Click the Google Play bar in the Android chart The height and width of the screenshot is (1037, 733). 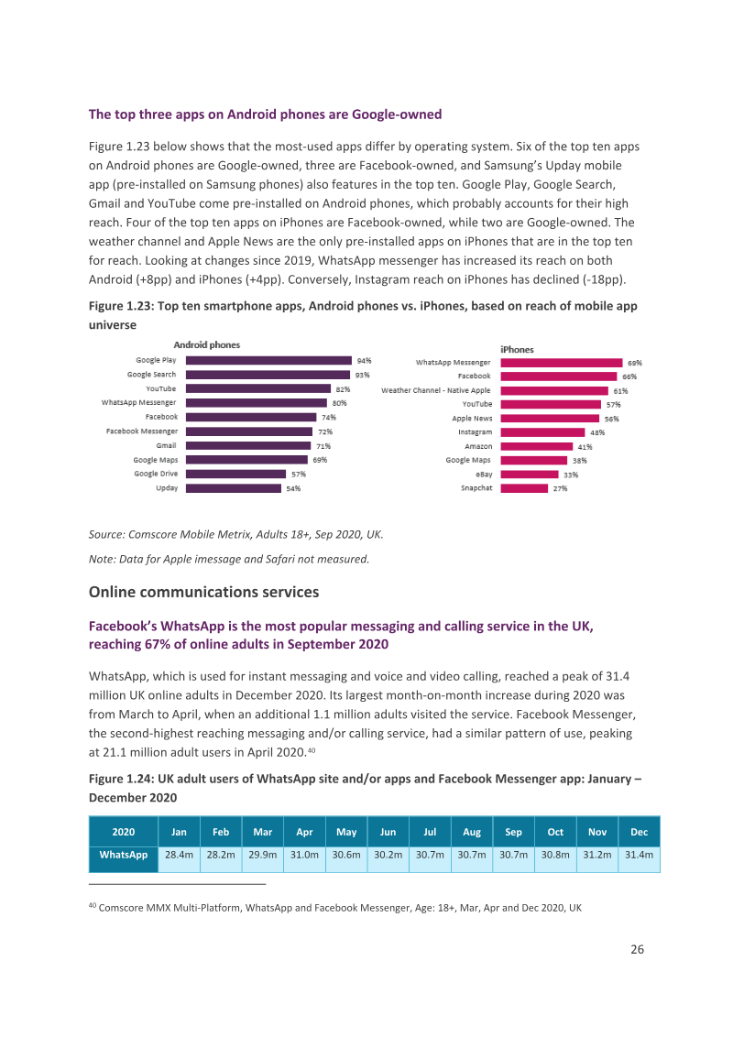click(x=268, y=360)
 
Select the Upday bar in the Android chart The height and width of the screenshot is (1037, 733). click(x=234, y=488)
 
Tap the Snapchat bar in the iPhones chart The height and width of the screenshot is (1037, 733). click(x=524, y=488)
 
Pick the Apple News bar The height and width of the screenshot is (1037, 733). click(x=550, y=418)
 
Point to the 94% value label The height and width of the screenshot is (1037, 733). click(x=365, y=360)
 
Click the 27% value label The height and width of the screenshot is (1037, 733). click(x=561, y=488)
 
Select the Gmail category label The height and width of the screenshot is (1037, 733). click(x=166, y=446)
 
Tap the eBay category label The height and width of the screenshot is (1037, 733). click(x=485, y=475)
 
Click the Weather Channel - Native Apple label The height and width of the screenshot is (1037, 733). click(x=436, y=390)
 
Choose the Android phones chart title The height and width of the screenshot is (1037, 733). click(x=206, y=344)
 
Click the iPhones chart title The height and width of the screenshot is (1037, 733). click(x=517, y=349)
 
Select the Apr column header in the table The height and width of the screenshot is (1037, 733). click(x=304, y=832)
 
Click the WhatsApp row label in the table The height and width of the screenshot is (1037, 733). click(x=124, y=855)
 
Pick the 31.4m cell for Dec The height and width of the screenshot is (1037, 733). click(x=639, y=855)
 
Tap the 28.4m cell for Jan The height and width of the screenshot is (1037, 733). click(x=179, y=855)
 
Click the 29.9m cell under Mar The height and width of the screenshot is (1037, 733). click(x=263, y=855)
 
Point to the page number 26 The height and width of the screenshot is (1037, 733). click(x=637, y=949)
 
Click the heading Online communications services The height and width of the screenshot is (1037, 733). click(x=203, y=592)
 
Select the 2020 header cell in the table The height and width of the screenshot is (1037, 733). click(x=124, y=832)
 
